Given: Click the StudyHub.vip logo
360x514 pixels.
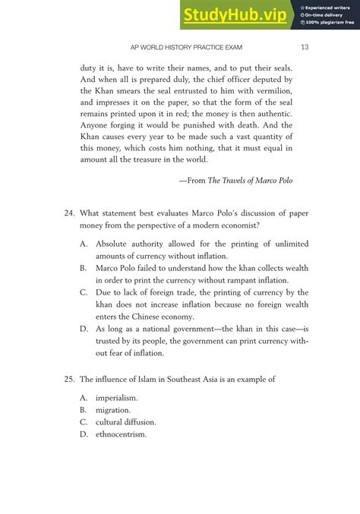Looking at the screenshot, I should click(x=235, y=14).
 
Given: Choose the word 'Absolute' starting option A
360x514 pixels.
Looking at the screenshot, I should click(x=114, y=244).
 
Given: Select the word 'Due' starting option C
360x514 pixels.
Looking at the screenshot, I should click(x=104, y=292).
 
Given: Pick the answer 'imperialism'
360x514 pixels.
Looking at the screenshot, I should click(x=116, y=398).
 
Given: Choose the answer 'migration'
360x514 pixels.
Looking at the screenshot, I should click(x=113, y=410).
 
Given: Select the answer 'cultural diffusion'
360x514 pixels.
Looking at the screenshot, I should click(x=126, y=422).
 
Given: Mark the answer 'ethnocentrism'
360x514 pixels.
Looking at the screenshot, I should click(x=121, y=434).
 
